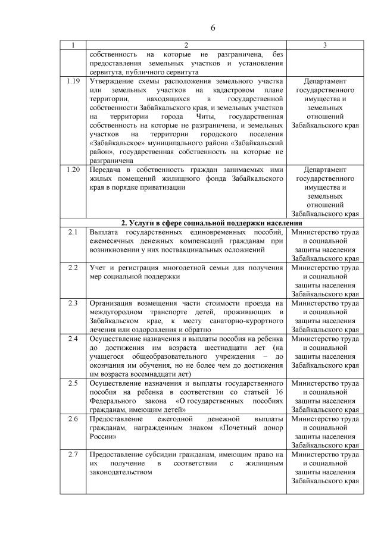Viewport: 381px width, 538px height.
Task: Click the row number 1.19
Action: (x=73, y=80)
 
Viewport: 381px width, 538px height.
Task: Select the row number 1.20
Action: (x=73, y=169)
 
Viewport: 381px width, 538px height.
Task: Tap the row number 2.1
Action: (x=73, y=232)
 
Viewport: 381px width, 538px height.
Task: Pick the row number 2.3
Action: (x=73, y=303)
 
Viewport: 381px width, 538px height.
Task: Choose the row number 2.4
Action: (x=73, y=339)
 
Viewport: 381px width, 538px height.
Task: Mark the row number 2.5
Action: (x=73, y=383)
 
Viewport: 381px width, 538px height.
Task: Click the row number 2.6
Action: (x=73, y=419)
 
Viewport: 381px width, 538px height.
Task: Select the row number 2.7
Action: (x=73, y=455)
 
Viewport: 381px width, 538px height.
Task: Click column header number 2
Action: (x=186, y=45)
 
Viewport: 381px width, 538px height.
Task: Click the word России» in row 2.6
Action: (x=104, y=437)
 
